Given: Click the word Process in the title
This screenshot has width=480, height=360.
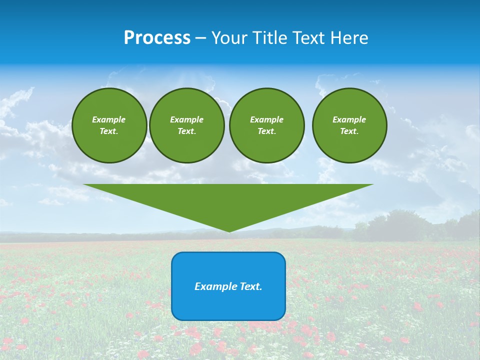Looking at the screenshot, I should click(x=157, y=38).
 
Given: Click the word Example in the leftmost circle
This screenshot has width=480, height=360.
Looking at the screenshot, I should click(x=109, y=119).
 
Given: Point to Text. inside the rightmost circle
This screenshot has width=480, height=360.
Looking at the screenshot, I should click(x=349, y=131).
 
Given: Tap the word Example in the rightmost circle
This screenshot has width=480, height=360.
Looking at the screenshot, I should click(x=349, y=119).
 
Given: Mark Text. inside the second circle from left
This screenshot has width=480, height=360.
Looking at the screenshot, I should click(x=187, y=131).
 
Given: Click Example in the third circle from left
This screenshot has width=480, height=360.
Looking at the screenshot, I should click(x=267, y=119).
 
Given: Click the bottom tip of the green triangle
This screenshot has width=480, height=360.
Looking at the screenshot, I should click(x=229, y=230).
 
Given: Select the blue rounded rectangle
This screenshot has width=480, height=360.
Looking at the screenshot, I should click(x=228, y=305).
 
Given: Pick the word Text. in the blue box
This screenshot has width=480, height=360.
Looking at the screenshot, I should click(x=251, y=286).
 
